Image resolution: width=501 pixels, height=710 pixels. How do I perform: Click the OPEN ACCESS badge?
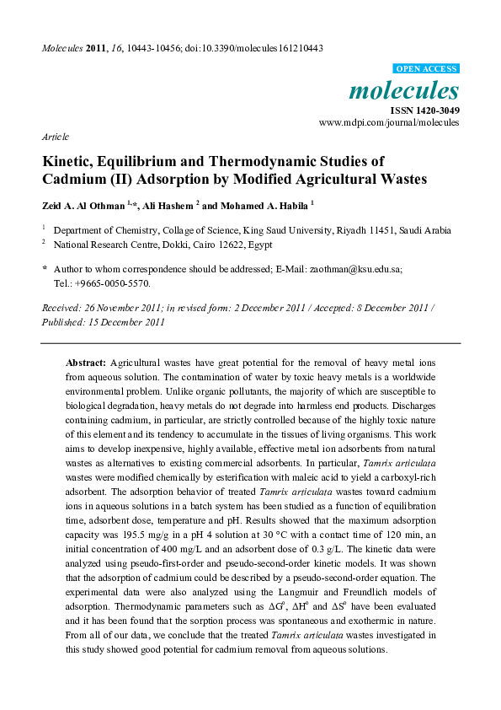pyautogui.click(x=426, y=68)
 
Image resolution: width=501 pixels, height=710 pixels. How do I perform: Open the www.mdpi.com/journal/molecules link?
pyautogui.click(x=389, y=122)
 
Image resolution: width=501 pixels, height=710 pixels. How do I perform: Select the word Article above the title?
pyautogui.click(x=55, y=136)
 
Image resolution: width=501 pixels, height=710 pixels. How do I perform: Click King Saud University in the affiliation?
pyautogui.click(x=286, y=229)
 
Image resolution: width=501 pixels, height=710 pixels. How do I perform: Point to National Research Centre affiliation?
pyautogui.click(x=105, y=245)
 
